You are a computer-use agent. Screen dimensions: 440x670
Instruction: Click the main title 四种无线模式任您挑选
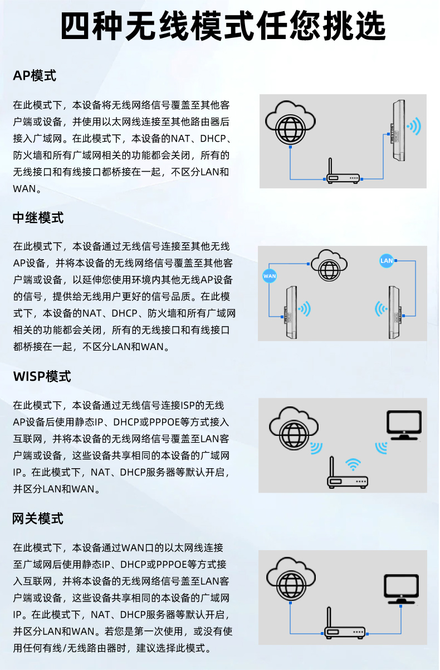coord(223,26)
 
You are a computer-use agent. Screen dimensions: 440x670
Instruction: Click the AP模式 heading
coord(35,75)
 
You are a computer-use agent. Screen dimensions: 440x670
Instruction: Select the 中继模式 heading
coord(38,217)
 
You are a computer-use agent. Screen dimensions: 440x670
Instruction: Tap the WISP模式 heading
coord(42,376)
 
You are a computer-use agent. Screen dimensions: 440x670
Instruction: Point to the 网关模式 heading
coord(38,518)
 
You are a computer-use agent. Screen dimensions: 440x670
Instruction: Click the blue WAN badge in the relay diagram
coord(270,276)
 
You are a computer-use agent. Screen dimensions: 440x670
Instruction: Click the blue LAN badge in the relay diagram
coord(386,260)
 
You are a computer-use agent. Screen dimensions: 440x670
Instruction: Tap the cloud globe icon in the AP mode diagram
coord(290,122)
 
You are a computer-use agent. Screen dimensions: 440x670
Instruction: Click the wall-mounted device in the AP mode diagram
coord(398,130)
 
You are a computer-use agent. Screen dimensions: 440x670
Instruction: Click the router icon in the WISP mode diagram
coord(348,472)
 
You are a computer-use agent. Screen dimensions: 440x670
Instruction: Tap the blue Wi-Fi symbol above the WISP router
coord(353,464)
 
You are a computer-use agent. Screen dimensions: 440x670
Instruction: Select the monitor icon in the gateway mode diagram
coord(401,589)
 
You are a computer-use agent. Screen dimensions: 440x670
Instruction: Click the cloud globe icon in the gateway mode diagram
coord(291,579)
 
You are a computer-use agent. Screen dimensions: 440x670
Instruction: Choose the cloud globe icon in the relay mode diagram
coord(329,265)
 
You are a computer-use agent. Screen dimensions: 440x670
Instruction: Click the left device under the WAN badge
coord(290,312)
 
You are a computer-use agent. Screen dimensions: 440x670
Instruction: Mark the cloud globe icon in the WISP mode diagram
coord(294,428)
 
